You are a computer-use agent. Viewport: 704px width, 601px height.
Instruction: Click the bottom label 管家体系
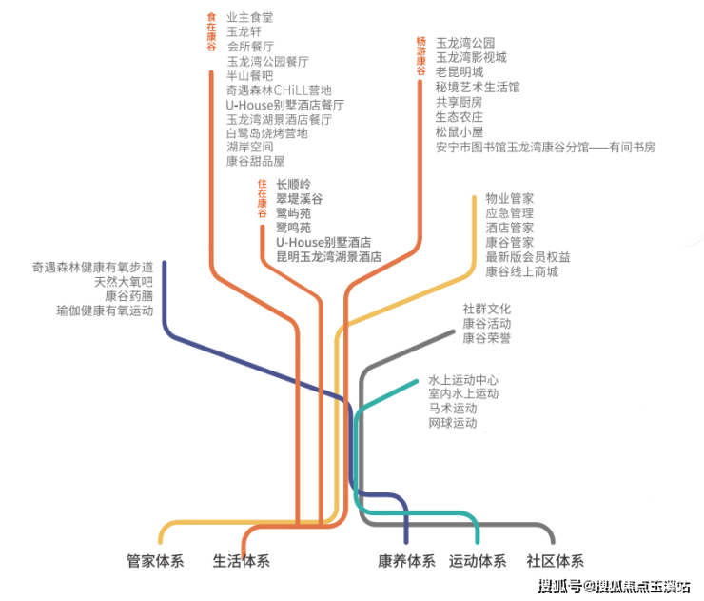click(155, 561)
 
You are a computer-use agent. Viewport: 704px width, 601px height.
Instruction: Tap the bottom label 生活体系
click(241, 561)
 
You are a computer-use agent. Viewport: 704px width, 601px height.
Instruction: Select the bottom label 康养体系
click(406, 561)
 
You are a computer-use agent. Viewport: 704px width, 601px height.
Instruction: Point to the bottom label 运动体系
click(478, 561)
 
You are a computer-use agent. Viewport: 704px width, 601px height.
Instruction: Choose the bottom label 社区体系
click(555, 561)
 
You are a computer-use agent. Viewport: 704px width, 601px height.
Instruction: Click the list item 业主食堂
click(249, 17)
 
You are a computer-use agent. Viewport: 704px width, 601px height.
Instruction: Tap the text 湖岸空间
click(249, 148)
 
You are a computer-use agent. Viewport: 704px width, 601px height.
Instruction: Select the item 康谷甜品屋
click(255, 162)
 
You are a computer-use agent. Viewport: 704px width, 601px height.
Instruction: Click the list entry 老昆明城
click(460, 71)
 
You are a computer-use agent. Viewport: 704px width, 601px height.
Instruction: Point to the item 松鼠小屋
click(460, 132)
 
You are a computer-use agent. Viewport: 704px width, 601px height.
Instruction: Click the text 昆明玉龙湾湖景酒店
click(328, 257)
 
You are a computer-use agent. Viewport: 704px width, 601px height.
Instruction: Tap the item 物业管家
click(509, 198)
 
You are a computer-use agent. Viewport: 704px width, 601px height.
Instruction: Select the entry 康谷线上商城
click(521, 271)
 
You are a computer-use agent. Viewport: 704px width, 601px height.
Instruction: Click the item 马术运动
click(452, 408)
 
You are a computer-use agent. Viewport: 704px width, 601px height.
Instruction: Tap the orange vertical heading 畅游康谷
click(420, 55)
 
